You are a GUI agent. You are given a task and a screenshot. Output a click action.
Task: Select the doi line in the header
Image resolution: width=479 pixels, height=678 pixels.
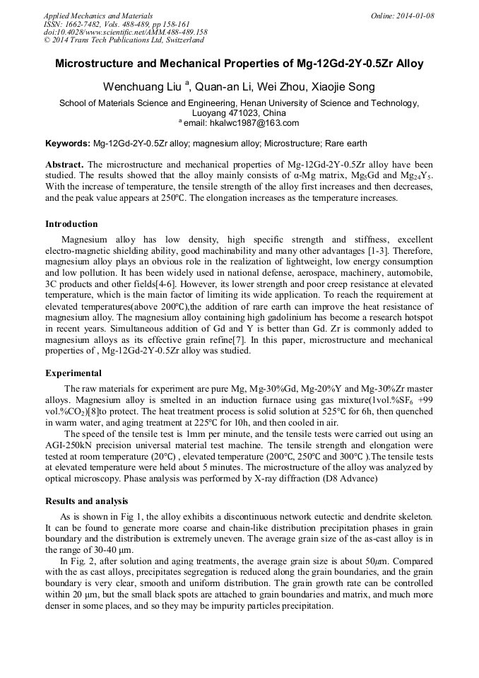(125, 32)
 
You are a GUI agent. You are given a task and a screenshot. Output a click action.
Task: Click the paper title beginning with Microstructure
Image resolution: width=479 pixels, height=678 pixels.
(239, 64)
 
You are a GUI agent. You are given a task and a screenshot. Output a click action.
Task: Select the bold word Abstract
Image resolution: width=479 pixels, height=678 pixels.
(64, 164)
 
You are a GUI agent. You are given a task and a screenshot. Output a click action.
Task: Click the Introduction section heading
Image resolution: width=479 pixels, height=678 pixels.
(71, 224)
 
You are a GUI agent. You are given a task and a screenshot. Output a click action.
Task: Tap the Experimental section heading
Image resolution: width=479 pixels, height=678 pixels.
(73, 373)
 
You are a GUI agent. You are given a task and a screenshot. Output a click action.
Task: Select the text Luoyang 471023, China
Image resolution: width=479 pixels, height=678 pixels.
(239, 113)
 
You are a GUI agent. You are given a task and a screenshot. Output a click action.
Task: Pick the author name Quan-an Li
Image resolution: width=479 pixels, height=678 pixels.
(227, 87)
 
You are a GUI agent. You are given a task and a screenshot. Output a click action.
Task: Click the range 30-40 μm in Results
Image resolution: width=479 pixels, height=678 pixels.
(107, 549)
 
